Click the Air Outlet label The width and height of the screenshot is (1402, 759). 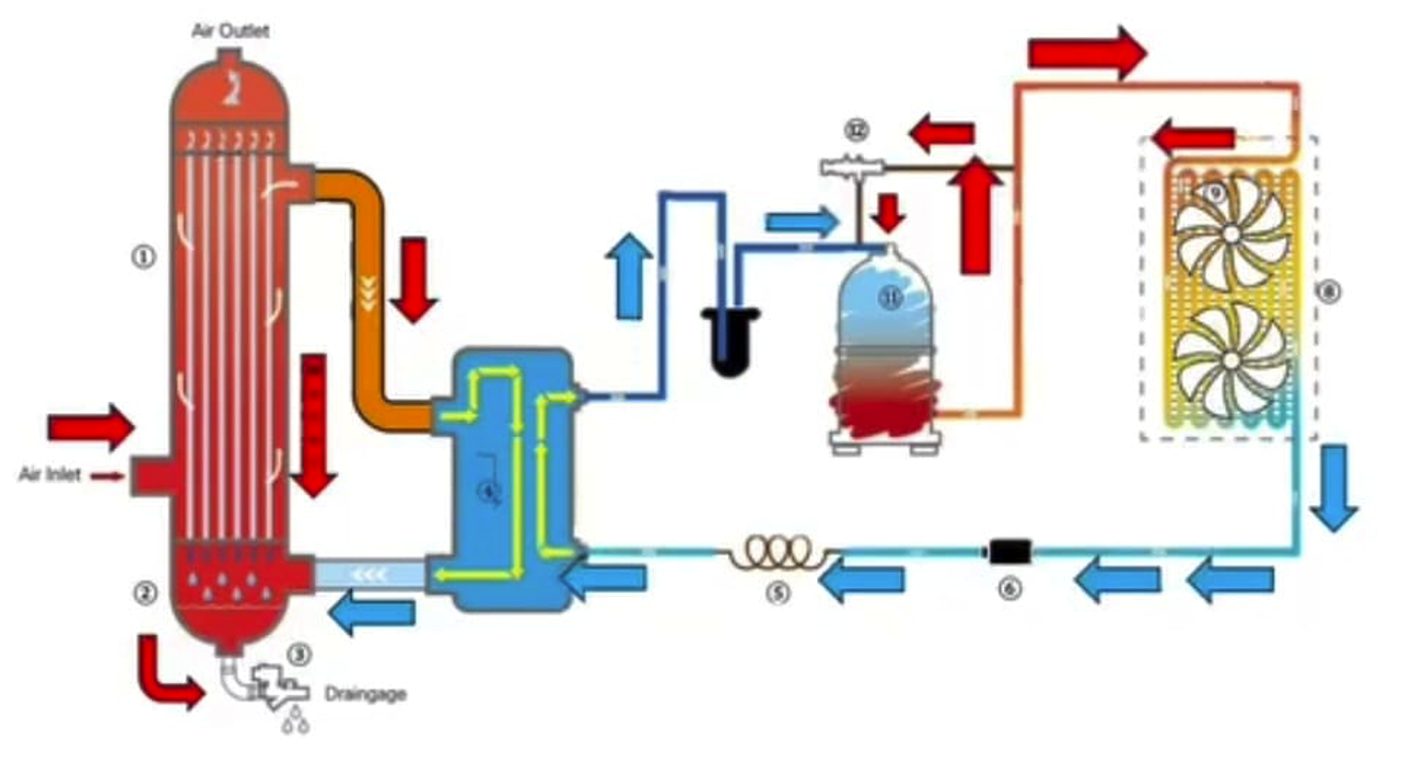click(x=230, y=31)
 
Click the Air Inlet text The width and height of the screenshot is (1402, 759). click(x=50, y=475)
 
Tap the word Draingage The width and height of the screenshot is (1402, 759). click(x=366, y=694)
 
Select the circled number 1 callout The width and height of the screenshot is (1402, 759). click(x=144, y=257)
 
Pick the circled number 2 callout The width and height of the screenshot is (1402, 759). click(x=145, y=593)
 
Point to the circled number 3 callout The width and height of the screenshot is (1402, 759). click(x=300, y=655)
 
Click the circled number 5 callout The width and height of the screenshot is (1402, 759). click(x=777, y=591)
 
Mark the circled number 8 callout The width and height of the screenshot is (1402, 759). click(x=1328, y=291)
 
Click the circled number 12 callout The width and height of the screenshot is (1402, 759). click(x=857, y=130)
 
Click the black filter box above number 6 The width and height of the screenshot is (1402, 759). click(x=1009, y=550)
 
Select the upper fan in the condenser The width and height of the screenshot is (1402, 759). click(x=1229, y=234)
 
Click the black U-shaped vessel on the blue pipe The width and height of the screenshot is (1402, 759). click(x=730, y=338)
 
